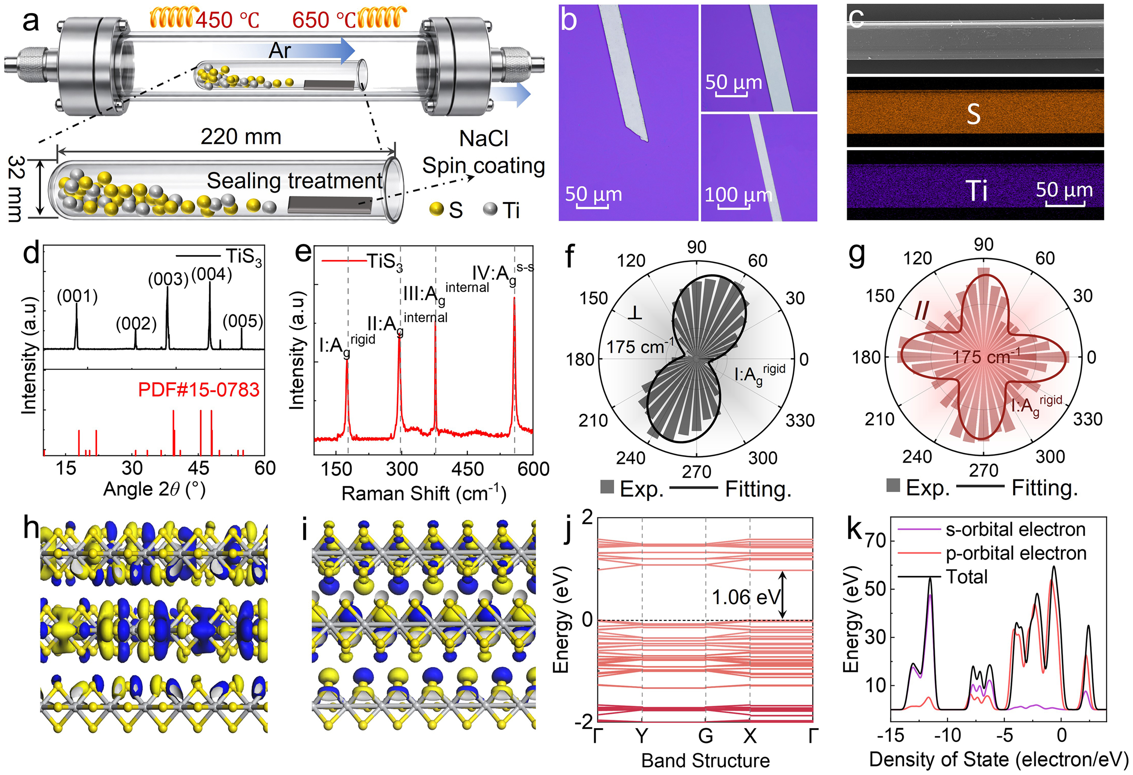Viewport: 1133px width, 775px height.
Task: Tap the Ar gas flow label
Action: pyautogui.click(x=280, y=51)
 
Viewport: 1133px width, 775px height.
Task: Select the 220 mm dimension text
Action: pyautogui.click(x=241, y=137)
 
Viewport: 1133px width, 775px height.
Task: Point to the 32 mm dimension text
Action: pyautogui.click(x=17, y=189)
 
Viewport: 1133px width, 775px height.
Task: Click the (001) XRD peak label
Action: pyautogui.click(x=77, y=296)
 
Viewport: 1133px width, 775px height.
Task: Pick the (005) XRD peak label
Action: pyautogui.click(x=243, y=322)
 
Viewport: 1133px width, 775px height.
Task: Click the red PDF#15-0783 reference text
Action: pyautogui.click(x=199, y=390)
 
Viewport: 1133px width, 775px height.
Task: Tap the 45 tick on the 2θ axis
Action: pyautogui.click(x=198, y=468)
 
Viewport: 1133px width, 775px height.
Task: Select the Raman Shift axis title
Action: pyautogui.click(x=424, y=493)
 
